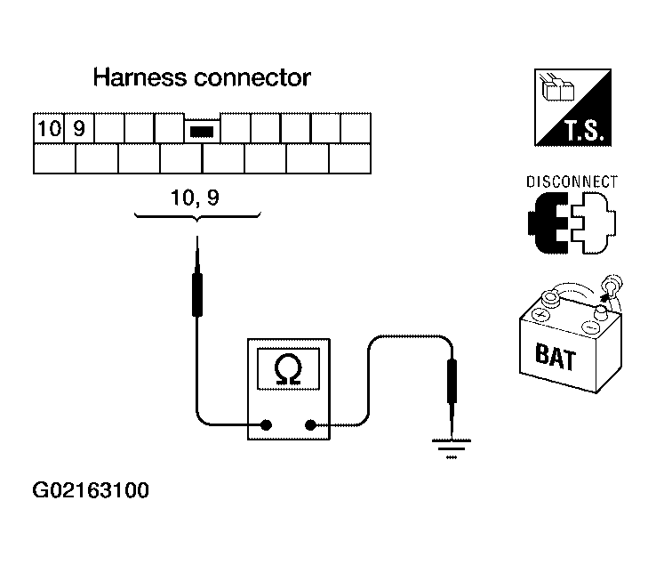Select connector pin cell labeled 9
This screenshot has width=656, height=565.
click(78, 128)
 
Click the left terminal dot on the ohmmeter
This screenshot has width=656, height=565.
click(266, 425)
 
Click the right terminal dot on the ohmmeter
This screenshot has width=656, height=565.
click(310, 425)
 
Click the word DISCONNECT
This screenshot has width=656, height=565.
click(572, 182)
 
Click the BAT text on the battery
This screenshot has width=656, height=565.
click(556, 359)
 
